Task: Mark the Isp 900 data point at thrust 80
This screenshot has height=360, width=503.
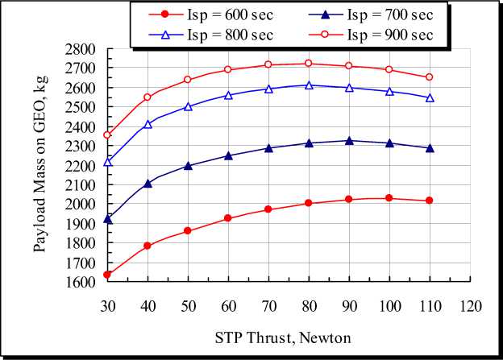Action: [309, 64]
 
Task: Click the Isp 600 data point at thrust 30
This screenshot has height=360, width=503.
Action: [107, 275]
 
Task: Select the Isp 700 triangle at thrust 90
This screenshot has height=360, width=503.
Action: [349, 140]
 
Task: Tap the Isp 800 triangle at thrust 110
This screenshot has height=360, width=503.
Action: [430, 97]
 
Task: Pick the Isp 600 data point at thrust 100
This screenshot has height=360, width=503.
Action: [389, 198]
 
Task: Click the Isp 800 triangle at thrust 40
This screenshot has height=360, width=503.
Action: [148, 124]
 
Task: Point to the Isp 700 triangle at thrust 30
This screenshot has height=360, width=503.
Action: [107, 218]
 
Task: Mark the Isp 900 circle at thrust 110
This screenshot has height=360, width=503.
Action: [430, 77]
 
